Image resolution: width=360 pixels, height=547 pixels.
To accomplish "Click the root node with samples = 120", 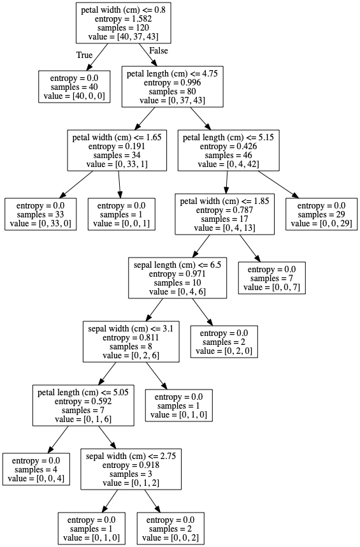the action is click(x=124, y=23).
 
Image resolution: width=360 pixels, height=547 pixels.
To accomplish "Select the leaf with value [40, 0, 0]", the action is click(x=75, y=87).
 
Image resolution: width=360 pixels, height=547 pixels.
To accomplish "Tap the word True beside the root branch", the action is click(x=84, y=55).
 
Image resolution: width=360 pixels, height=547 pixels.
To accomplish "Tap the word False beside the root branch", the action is click(x=159, y=50).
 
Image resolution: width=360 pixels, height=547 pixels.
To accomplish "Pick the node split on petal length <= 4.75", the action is click(x=173, y=87).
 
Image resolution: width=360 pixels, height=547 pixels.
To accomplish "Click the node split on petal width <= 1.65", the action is click(x=117, y=150).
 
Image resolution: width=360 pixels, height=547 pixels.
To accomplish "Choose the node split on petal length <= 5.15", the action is click(x=229, y=150).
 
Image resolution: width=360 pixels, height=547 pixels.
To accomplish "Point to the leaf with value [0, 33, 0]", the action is click(x=40, y=215).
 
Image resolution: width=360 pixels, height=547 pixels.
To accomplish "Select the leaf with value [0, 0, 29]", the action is click(x=321, y=215).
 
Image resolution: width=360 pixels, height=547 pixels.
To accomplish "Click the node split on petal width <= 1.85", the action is click(x=225, y=215).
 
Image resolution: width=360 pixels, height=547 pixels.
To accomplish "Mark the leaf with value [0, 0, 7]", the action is click(x=272, y=279).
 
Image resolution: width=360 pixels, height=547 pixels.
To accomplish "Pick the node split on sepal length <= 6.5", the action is click(x=177, y=279).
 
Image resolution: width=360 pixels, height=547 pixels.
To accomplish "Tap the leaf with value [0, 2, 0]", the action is click(x=224, y=342).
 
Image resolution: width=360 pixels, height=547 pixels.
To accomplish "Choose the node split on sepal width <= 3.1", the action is click(x=131, y=342).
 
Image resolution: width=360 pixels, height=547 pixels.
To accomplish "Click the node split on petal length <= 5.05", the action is click(x=83, y=405).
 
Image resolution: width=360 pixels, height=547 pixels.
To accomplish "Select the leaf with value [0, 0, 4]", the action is click(x=36, y=470).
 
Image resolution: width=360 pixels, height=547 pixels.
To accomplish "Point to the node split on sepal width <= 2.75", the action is click(x=131, y=470).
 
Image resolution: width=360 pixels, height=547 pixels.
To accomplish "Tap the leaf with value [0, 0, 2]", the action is click(x=170, y=529).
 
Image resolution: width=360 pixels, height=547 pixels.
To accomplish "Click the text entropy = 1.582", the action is click(x=124, y=19).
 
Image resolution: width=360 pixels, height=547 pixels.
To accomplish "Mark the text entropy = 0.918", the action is click(x=131, y=465).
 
